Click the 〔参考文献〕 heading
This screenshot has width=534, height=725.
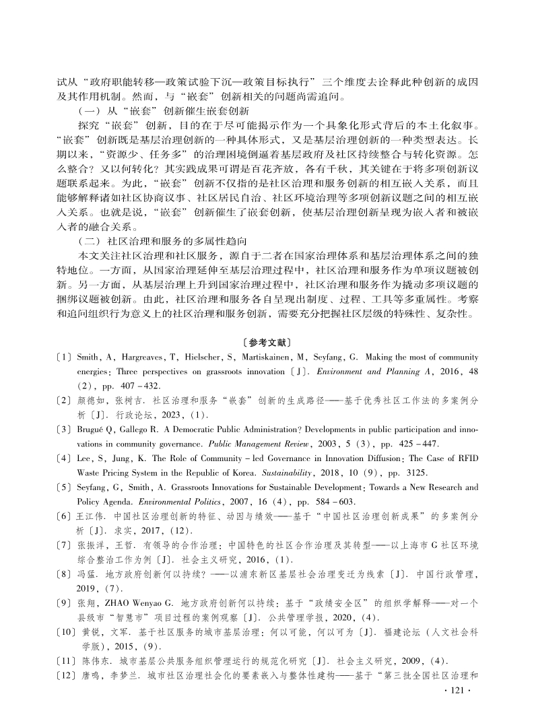tap(267, 343)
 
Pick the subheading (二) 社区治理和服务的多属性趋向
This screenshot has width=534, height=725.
tap(168, 241)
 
